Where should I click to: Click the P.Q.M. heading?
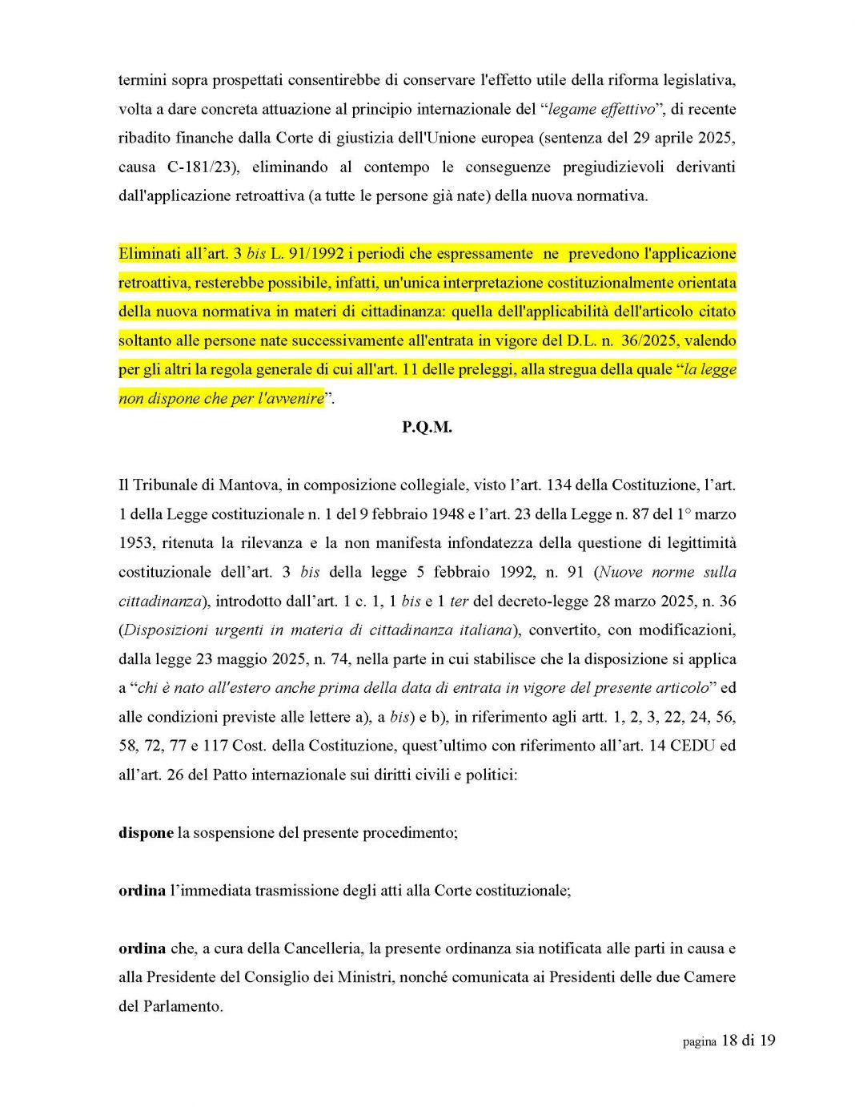427,427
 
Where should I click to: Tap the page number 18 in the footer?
729,1041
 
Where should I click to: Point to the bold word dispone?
146,832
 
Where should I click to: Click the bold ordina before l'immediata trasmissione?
142,890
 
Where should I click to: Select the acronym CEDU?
692,745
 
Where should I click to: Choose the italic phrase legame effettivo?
600,109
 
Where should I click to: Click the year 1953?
136,542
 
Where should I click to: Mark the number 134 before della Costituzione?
558,485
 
